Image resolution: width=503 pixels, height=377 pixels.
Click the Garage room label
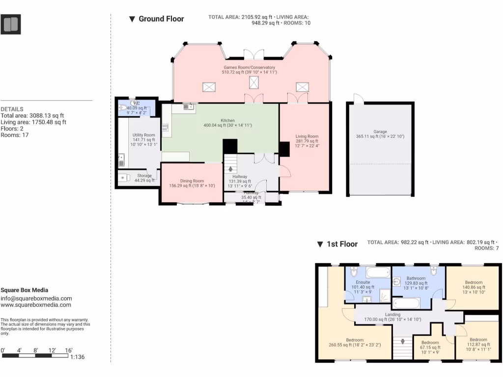click(x=380, y=132)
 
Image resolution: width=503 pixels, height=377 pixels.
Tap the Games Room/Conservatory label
click(x=250, y=67)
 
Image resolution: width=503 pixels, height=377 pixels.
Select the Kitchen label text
click(x=227, y=120)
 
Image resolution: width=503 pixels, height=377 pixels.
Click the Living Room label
click(x=307, y=136)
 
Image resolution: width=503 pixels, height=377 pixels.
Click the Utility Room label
click(x=143, y=135)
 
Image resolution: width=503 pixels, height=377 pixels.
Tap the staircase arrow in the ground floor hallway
click(x=231, y=168)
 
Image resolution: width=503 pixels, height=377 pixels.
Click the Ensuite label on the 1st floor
click(x=363, y=282)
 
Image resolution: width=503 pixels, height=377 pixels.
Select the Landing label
click(x=392, y=314)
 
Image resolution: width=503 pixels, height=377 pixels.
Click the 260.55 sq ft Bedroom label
click(x=355, y=340)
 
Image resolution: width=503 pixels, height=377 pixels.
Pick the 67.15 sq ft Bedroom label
click(x=430, y=342)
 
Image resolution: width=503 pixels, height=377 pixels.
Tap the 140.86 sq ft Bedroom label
click(x=474, y=282)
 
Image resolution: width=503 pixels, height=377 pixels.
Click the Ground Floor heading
click(x=161, y=19)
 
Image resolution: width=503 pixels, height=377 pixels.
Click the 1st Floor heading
click(x=342, y=244)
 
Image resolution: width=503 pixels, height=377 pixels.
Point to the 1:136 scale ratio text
click(x=78, y=357)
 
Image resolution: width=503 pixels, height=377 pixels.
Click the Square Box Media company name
click(x=24, y=290)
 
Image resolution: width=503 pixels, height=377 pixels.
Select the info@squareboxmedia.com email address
click(x=36, y=298)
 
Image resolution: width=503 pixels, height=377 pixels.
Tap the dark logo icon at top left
click(x=11, y=24)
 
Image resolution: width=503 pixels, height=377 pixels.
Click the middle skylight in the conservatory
click(x=253, y=83)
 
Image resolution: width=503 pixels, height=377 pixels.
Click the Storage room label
click(x=144, y=176)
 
